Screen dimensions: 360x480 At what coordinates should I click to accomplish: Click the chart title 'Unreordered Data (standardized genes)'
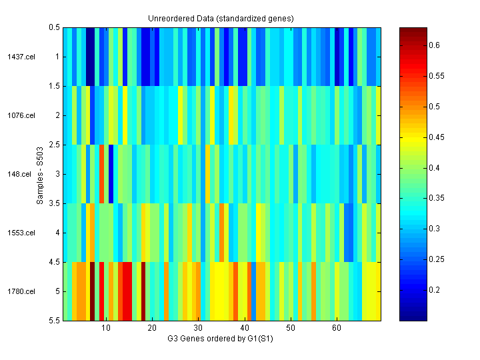(221, 18)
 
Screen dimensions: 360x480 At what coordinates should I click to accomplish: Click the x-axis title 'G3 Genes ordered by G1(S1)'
(221, 339)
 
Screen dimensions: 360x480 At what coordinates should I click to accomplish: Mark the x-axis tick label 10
(106, 329)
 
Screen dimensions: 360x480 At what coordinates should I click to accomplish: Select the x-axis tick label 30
(198, 329)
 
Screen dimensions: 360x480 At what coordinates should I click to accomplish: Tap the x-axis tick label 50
(291, 329)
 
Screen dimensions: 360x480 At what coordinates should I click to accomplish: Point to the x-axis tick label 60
(337, 329)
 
